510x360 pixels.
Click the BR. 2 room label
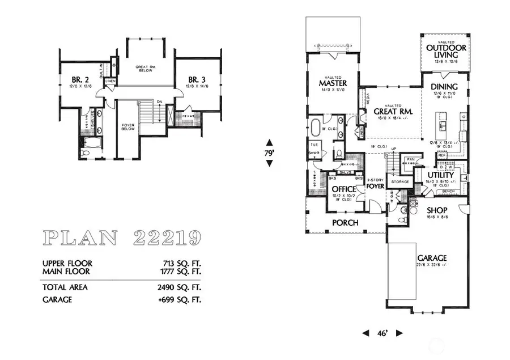pyautogui.click(x=80, y=79)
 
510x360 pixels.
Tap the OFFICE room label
pyautogui.click(x=343, y=189)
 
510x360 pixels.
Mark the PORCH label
pyautogui.click(x=345, y=223)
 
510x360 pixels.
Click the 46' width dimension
pyautogui.click(x=382, y=333)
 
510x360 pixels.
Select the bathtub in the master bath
pyautogui.click(x=316, y=126)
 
